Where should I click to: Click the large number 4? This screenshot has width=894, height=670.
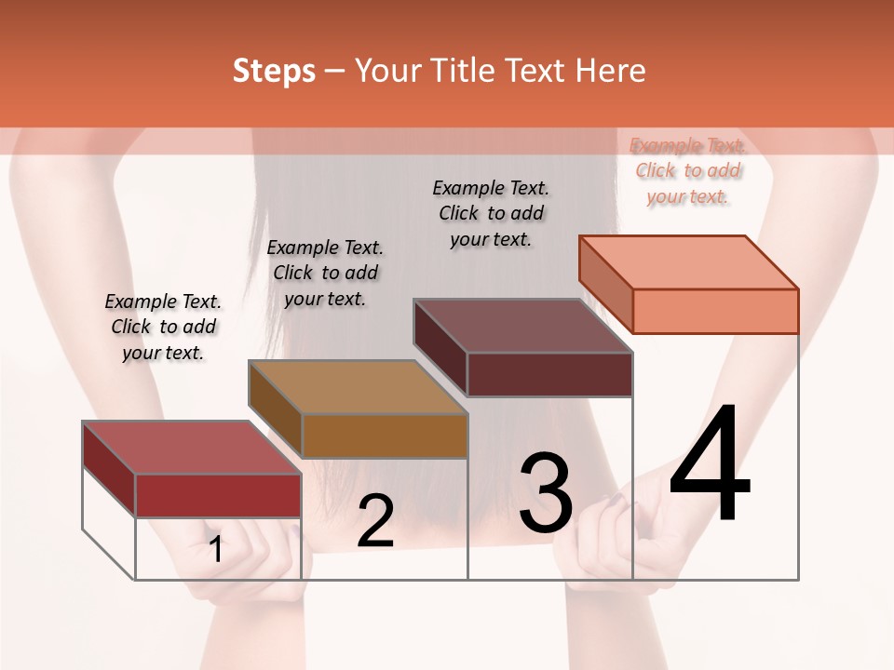pos(710,465)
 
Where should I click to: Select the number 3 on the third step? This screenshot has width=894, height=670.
pos(546,493)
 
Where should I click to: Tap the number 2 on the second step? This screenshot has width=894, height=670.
pos(375,521)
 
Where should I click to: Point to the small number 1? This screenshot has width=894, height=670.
pos(216,550)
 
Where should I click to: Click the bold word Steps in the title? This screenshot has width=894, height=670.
pos(274,71)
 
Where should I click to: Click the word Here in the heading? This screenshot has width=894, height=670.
pos(613,71)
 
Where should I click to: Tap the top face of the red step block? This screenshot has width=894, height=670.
pos(192,448)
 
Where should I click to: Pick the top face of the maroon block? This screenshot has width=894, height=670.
pos(522,326)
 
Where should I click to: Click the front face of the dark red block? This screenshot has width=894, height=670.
pos(218,495)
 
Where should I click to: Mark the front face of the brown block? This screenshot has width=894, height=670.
pos(385,435)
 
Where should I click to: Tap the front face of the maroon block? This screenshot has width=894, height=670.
pos(549,374)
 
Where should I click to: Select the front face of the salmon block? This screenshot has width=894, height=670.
pos(715,311)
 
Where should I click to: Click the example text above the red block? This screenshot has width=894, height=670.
pos(163,327)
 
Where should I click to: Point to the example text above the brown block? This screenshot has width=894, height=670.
pos(325,273)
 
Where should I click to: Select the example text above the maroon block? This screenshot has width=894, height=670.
pos(491,213)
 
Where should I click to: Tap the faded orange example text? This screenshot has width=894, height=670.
pos(687,170)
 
